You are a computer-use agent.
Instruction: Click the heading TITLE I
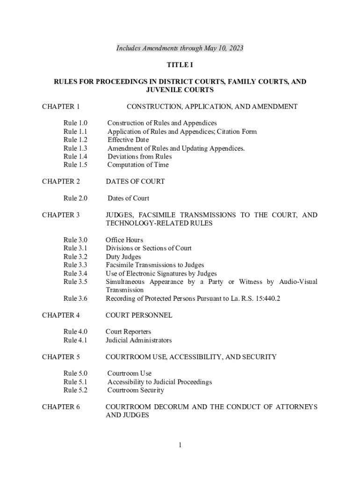click(x=180, y=65)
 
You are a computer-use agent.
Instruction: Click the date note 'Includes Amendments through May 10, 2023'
click(x=180, y=49)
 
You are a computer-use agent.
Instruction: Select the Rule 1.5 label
click(x=76, y=165)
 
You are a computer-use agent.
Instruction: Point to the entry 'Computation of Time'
click(x=138, y=165)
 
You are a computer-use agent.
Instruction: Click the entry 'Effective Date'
click(x=128, y=140)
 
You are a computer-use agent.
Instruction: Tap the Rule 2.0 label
click(x=76, y=198)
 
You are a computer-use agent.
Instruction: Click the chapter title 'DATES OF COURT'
click(x=135, y=181)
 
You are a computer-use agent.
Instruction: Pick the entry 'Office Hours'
click(x=124, y=240)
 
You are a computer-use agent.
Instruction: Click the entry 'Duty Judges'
click(x=123, y=257)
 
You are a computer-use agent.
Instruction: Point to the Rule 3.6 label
click(x=76, y=298)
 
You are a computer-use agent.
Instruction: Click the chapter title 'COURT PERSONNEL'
click(x=139, y=315)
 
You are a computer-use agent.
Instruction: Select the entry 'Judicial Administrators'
click(x=139, y=340)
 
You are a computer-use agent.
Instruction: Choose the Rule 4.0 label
click(x=76, y=332)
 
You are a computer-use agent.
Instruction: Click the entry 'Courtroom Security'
click(x=136, y=390)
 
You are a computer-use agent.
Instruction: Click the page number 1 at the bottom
click(x=180, y=445)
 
